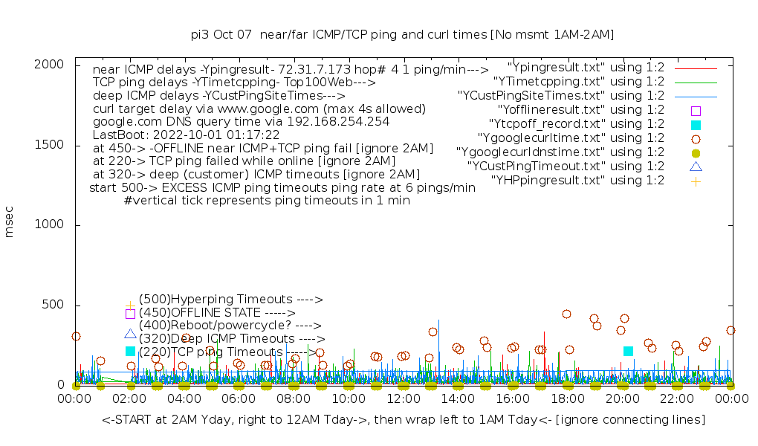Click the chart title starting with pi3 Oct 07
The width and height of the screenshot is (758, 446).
402,35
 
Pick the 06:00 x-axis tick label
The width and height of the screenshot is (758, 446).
239,399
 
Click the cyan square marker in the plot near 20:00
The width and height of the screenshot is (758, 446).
628,351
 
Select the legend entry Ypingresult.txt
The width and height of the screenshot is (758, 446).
586,68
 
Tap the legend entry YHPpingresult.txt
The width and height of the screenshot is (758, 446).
577,181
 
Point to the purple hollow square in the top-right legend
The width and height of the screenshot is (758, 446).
696,110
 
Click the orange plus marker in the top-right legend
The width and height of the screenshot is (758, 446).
696,181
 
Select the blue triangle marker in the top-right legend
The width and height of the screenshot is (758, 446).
696,167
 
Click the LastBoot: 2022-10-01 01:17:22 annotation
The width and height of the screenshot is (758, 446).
186,135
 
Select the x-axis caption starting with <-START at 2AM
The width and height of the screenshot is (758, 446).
403,420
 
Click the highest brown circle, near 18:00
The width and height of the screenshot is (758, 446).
566,314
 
